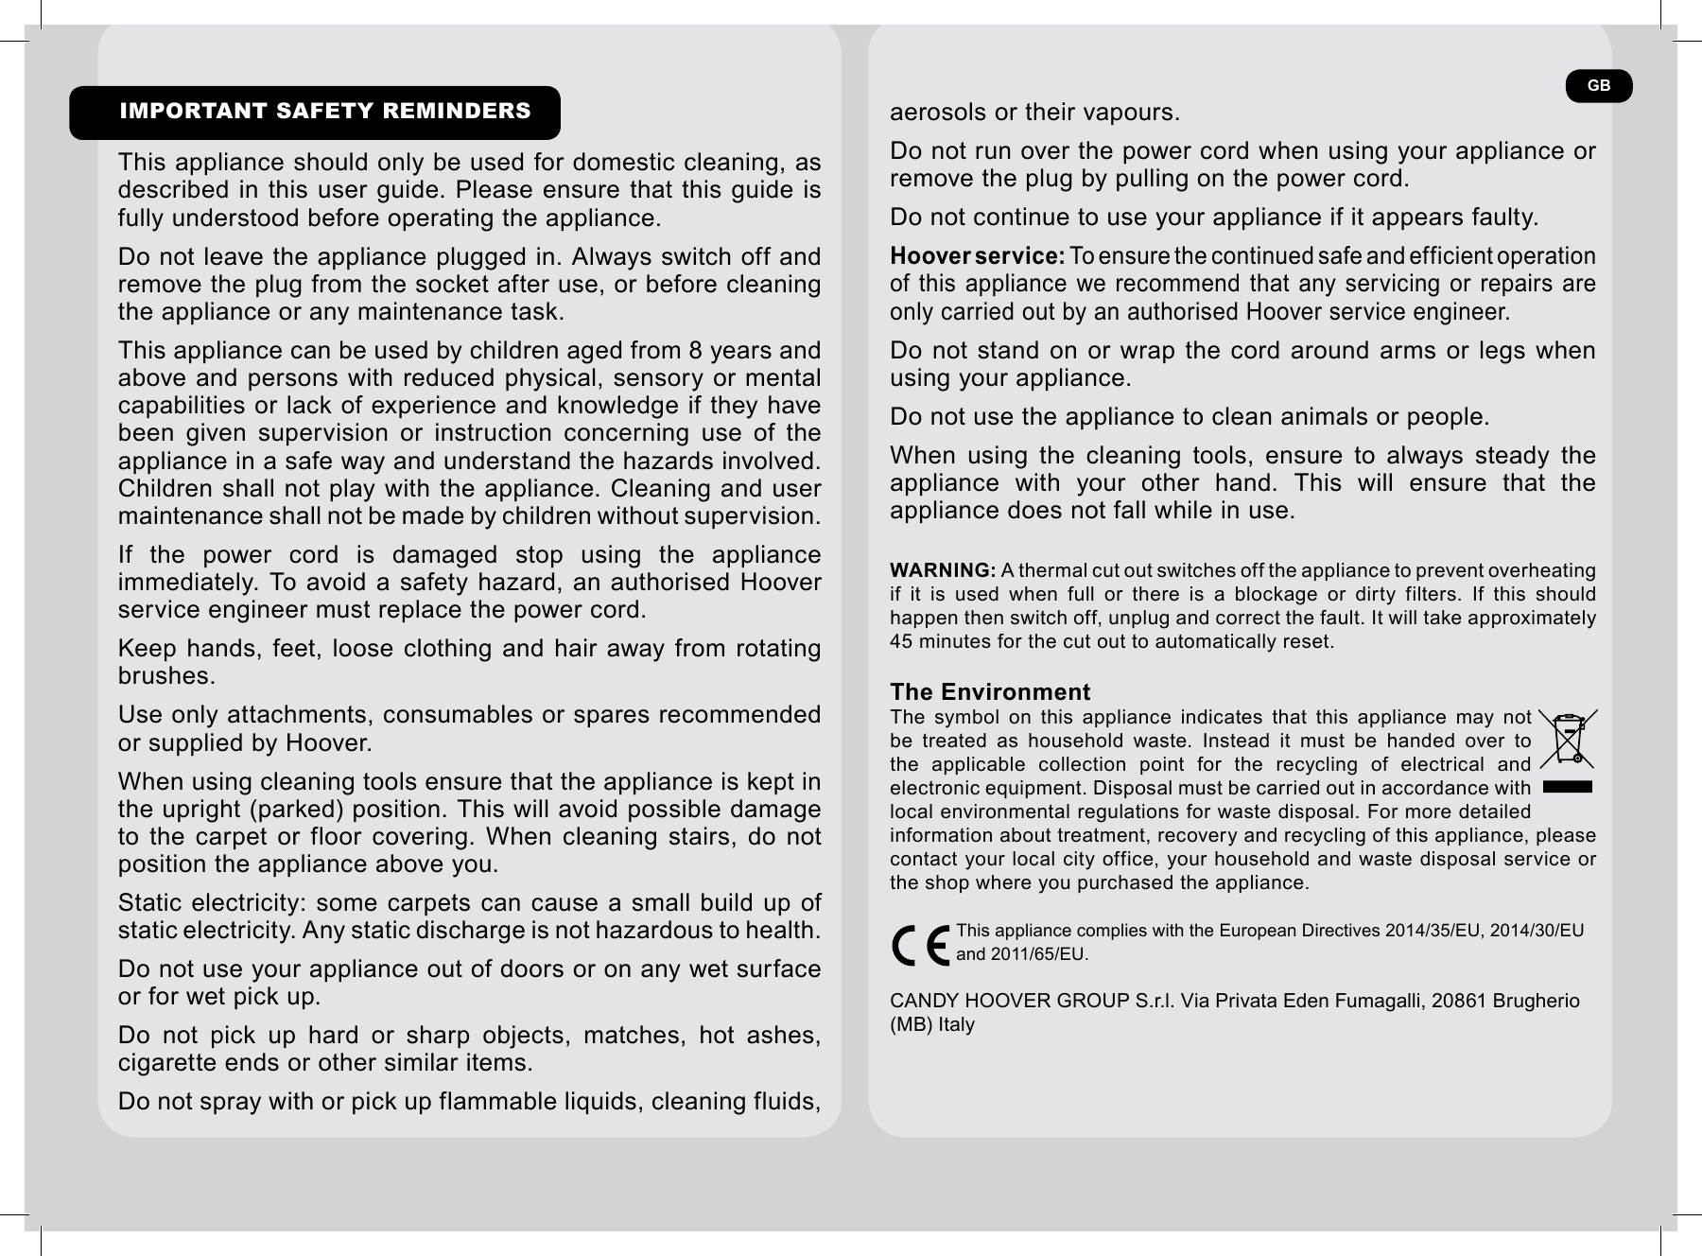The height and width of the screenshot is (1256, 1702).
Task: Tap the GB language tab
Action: pos(1598,86)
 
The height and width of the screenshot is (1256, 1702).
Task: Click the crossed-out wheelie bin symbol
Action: pos(1568,739)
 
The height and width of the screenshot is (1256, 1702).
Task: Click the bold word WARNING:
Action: pos(942,570)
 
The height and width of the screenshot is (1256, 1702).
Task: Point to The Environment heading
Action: pos(989,691)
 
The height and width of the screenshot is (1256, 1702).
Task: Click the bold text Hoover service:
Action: pos(977,256)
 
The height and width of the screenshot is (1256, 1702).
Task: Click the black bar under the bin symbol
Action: pos(1567,786)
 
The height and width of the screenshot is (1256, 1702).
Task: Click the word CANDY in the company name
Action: pos(921,1001)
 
